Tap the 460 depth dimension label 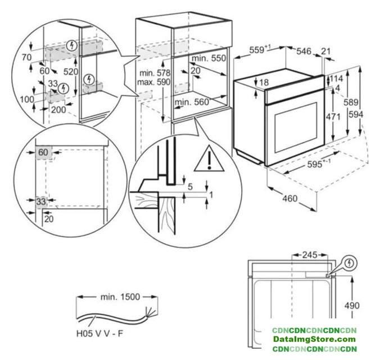click(x=289, y=199)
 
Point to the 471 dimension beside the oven click(x=335, y=117)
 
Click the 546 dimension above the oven click(x=304, y=52)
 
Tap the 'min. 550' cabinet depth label click(x=208, y=58)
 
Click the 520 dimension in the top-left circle click(x=71, y=71)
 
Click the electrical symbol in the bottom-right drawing click(x=351, y=262)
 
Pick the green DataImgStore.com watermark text click(x=315, y=339)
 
